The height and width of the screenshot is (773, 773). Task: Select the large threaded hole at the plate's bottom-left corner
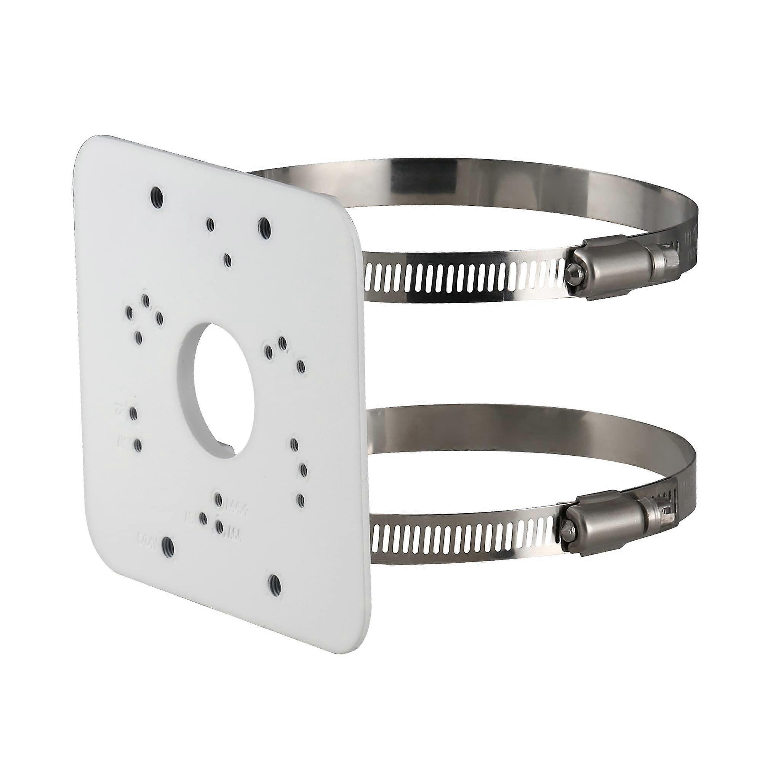click(x=167, y=545)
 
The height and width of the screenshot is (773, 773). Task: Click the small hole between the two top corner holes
click(x=209, y=225)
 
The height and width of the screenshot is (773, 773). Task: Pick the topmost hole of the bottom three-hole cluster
click(x=218, y=499)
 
